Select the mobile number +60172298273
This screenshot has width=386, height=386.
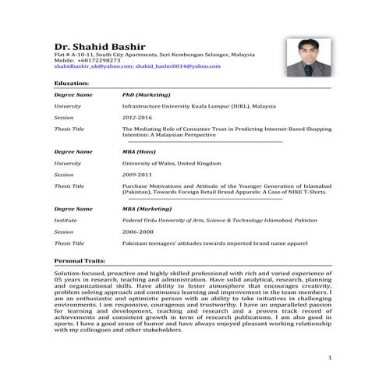point(99,60)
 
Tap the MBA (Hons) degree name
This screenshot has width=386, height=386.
point(139,151)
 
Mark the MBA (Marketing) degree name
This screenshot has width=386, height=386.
point(147,209)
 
